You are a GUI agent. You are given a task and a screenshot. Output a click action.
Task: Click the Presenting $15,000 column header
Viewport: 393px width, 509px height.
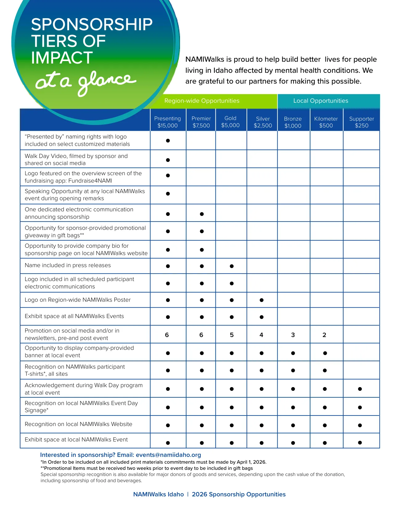(167, 122)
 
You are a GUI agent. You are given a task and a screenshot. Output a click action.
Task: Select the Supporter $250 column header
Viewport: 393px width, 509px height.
(361, 122)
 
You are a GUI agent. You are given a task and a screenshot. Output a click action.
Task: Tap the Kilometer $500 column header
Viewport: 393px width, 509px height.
(326, 122)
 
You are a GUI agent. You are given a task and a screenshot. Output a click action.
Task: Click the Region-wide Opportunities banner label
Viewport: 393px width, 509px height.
(202, 101)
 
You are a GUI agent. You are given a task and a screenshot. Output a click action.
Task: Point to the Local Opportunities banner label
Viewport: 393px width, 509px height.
(321, 101)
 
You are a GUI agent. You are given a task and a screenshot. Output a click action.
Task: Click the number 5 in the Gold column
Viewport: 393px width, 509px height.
(231, 335)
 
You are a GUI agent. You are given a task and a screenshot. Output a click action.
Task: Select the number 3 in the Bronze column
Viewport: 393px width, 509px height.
(293, 335)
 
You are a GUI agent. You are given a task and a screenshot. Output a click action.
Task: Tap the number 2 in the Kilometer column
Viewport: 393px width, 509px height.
(324, 335)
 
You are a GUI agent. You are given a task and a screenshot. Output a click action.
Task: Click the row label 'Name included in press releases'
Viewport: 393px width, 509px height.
(68, 265)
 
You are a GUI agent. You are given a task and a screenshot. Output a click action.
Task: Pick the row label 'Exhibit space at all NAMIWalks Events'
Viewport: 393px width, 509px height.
(74, 316)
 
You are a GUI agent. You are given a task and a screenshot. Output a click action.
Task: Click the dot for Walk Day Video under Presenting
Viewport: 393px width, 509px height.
(168, 160)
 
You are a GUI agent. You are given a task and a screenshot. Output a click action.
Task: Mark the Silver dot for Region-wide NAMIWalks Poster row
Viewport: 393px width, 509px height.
(261, 300)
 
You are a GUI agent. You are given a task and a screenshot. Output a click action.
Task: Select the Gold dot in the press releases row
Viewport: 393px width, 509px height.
(231, 266)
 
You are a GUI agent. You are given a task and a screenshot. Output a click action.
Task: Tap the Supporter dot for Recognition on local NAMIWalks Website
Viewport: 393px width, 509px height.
(360, 425)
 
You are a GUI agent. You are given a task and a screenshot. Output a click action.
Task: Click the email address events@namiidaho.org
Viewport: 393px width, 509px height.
(168, 455)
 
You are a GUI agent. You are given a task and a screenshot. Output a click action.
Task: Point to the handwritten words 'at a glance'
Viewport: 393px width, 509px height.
(85, 82)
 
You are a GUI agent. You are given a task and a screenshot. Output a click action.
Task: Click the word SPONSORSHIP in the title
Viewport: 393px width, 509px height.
(92, 25)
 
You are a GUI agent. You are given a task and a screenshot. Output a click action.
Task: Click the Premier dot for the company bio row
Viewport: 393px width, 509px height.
(202, 250)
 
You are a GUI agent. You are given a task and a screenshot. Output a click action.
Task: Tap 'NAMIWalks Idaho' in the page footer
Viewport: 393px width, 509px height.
(158, 495)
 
